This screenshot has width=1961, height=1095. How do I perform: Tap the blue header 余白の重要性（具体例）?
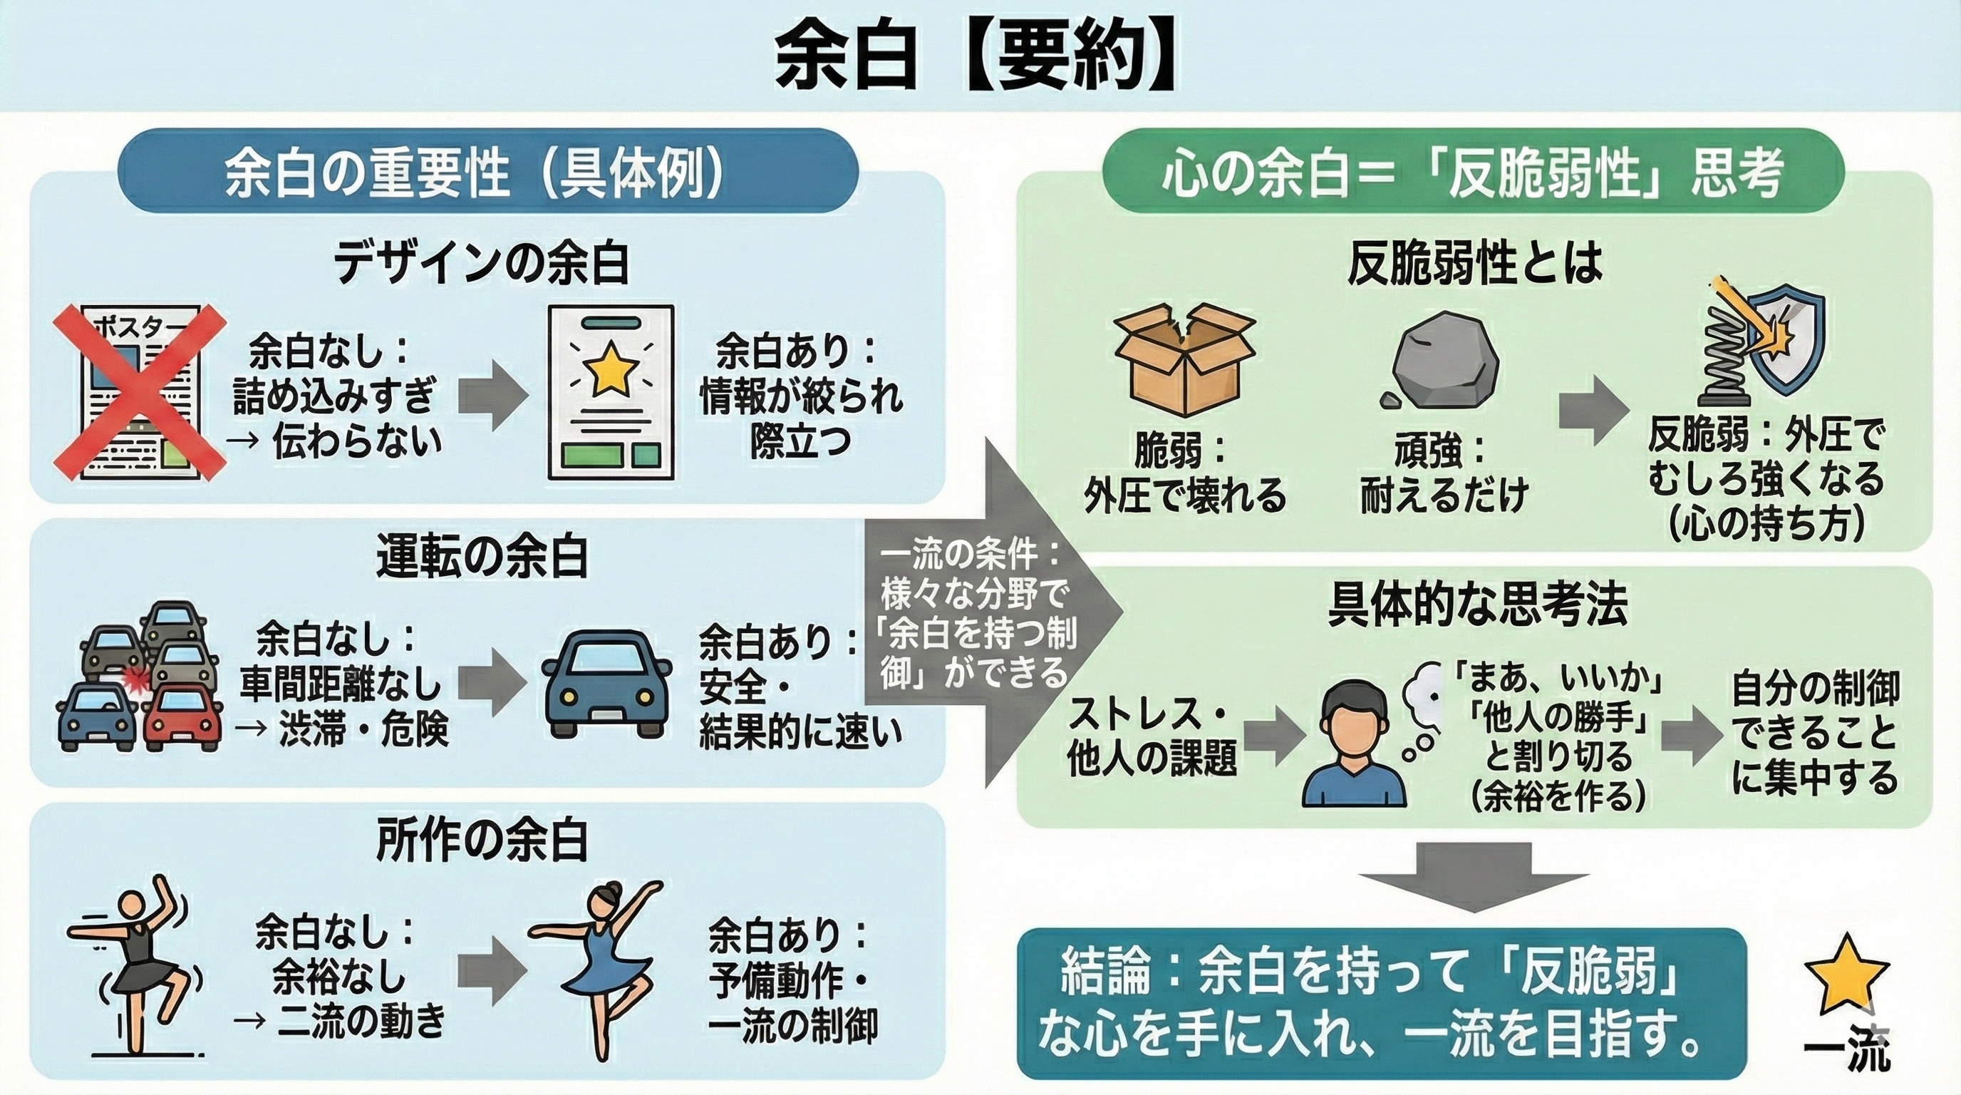pos(487,172)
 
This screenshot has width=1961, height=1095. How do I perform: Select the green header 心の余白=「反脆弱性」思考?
pos(1473,172)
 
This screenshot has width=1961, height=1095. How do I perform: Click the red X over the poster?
pos(140,392)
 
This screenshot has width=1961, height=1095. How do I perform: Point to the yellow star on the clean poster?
pos(610,368)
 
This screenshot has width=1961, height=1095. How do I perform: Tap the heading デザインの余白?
pos(482,264)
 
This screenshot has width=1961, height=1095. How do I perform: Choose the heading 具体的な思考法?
pos(1477,606)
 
